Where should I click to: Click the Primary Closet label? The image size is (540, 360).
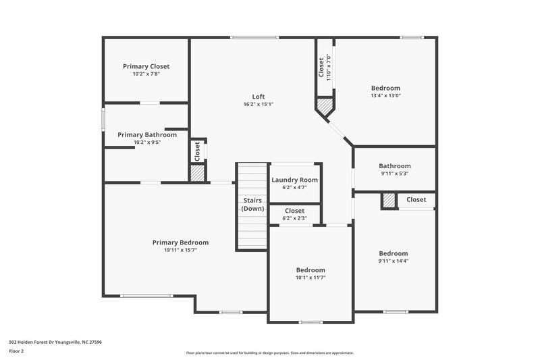tap(146, 66)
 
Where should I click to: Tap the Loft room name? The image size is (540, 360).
tap(258, 96)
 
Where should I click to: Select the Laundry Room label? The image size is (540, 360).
tap(294, 180)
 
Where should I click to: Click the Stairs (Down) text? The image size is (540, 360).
tap(253, 205)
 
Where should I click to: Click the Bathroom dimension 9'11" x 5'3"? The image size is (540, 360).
tap(394, 174)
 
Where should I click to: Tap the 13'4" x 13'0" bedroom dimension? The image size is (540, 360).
tap(385, 96)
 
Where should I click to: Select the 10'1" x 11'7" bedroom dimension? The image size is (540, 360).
tap(310, 278)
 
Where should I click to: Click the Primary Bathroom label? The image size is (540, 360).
tap(147, 134)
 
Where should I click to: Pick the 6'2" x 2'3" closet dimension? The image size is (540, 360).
tap(294, 218)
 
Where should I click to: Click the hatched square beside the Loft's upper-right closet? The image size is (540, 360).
tap(325, 107)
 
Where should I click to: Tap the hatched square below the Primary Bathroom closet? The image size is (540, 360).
tap(196, 173)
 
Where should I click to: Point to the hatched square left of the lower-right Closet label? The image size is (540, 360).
tap(389, 201)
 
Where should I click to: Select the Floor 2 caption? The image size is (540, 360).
tap(16, 351)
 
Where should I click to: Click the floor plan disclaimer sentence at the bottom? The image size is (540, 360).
tap(270, 353)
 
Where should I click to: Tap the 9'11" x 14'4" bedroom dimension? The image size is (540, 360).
tap(393, 261)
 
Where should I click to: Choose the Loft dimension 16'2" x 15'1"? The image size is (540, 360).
tap(258, 104)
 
